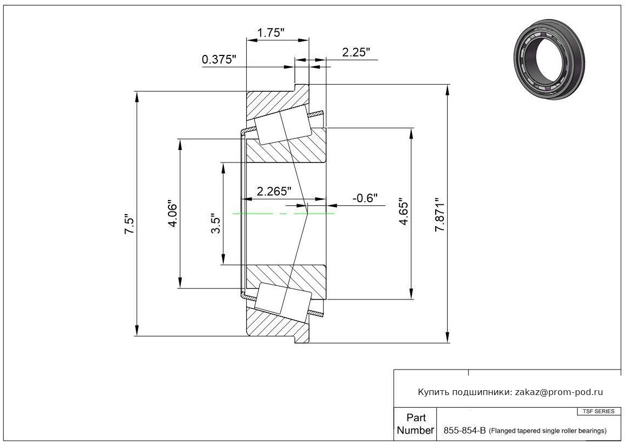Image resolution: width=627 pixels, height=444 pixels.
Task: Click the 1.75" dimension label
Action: point(271,33)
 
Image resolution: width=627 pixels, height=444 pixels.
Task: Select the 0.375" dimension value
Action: point(219,60)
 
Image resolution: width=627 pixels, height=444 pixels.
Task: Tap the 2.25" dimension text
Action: point(356,52)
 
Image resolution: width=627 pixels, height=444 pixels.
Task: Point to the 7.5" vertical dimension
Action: point(130,226)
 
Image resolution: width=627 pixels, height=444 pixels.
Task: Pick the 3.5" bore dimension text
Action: point(216,223)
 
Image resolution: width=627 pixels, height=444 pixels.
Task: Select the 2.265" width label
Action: point(274,191)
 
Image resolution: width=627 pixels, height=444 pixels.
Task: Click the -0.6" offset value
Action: point(365,198)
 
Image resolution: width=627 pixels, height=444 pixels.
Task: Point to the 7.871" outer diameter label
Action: point(440,215)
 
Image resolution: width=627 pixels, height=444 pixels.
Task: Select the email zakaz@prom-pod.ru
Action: point(559,392)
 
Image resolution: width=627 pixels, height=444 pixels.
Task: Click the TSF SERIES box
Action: point(599,411)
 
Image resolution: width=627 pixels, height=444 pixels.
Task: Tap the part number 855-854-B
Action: point(465,430)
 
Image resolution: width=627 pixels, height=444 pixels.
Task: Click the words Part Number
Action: point(416,424)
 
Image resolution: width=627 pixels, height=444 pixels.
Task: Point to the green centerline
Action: point(283,214)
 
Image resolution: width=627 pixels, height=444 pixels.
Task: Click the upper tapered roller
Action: point(284,124)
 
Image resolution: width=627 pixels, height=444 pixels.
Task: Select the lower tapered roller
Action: point(283,302)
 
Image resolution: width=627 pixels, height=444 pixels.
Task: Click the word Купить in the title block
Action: point(434,392)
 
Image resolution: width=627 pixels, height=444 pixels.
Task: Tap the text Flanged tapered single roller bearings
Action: point(548,431)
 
